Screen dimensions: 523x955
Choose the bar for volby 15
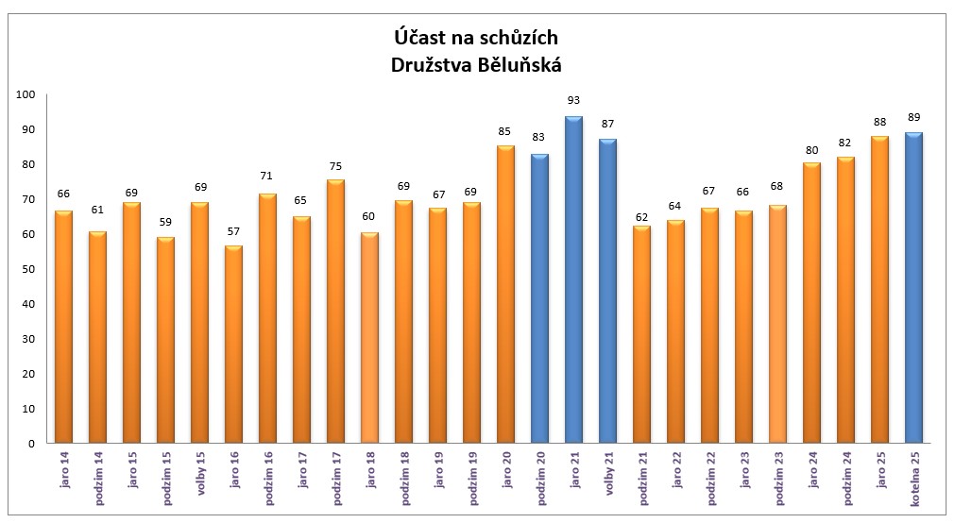point(199,322)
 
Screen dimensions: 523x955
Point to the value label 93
point(573,100)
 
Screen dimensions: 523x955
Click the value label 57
point(233,229)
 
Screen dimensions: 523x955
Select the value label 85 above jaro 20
point(505,130)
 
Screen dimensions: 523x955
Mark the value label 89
point(913,117)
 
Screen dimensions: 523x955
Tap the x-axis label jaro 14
point(64,471)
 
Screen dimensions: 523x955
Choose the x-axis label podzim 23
point(778,479)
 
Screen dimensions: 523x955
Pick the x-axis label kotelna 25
point(914,479)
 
